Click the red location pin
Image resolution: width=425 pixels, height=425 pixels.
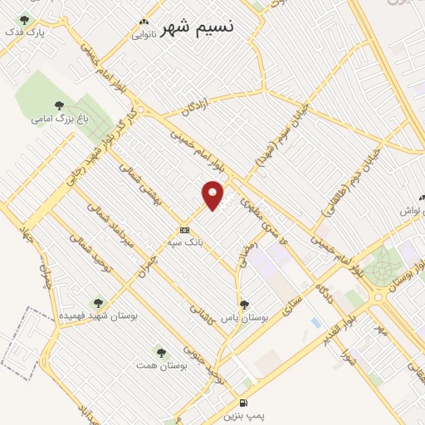click(214, 195)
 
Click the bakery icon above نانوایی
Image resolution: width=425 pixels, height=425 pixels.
click(144, 22)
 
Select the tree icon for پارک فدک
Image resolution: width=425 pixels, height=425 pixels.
click(23, 20)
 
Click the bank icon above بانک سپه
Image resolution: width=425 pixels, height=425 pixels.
click(183, 230)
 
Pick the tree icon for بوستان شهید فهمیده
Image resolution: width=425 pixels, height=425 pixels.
click(99, 304)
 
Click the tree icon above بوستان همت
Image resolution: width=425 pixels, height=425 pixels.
click(162, 353)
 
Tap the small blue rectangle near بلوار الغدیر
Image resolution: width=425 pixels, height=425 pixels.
click(315, 322)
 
